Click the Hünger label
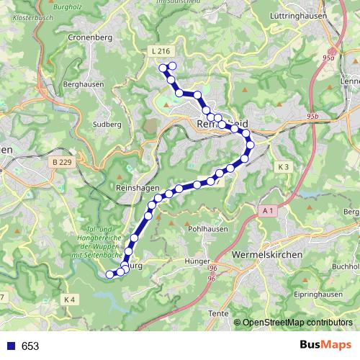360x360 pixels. click(196, 261)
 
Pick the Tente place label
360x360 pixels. click(217, 312)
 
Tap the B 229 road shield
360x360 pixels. click(62, 163)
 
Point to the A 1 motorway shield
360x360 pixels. click(268, 210)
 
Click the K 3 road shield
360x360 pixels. click(283, 167)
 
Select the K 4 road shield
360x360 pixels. click(69, 299)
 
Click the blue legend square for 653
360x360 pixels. click(12, 346)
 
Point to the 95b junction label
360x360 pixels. click(311, 114)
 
